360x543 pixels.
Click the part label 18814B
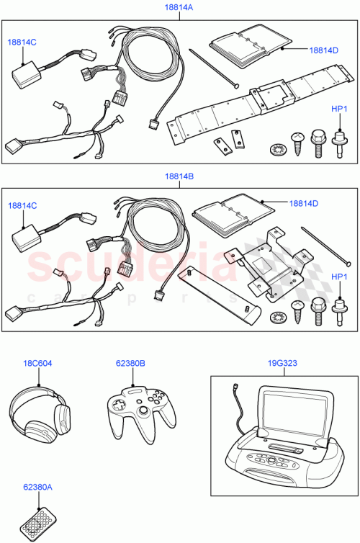[179, 176]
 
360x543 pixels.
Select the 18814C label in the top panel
[22, 42]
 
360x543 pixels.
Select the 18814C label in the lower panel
[22, 206]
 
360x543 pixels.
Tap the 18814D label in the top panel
[323, 50]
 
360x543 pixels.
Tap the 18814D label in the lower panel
[304, 204]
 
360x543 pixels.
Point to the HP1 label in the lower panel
[338, 277]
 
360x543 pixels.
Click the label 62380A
[37, 488]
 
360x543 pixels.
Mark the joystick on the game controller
[143, 410]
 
